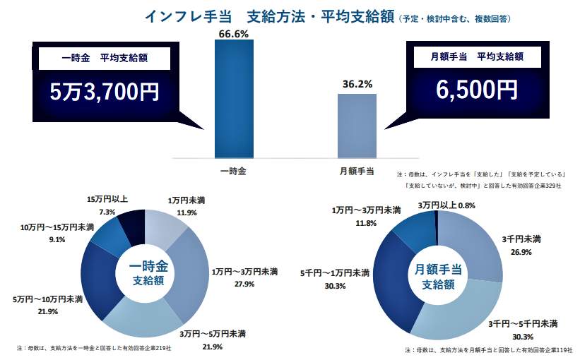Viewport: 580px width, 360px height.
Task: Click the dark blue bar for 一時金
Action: pos(233,98)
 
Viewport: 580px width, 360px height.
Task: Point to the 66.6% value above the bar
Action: pos(233,33)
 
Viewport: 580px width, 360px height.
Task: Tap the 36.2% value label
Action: pos(357,84)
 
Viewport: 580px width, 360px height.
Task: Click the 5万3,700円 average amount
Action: pos(105,92)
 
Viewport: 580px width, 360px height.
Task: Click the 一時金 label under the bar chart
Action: pos(232,170)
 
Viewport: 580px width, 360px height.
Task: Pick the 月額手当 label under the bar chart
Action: pos(357,170)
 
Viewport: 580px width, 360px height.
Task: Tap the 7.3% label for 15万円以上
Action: pos(107,212)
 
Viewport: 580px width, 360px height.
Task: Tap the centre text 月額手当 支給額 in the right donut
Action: pos(437,276)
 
